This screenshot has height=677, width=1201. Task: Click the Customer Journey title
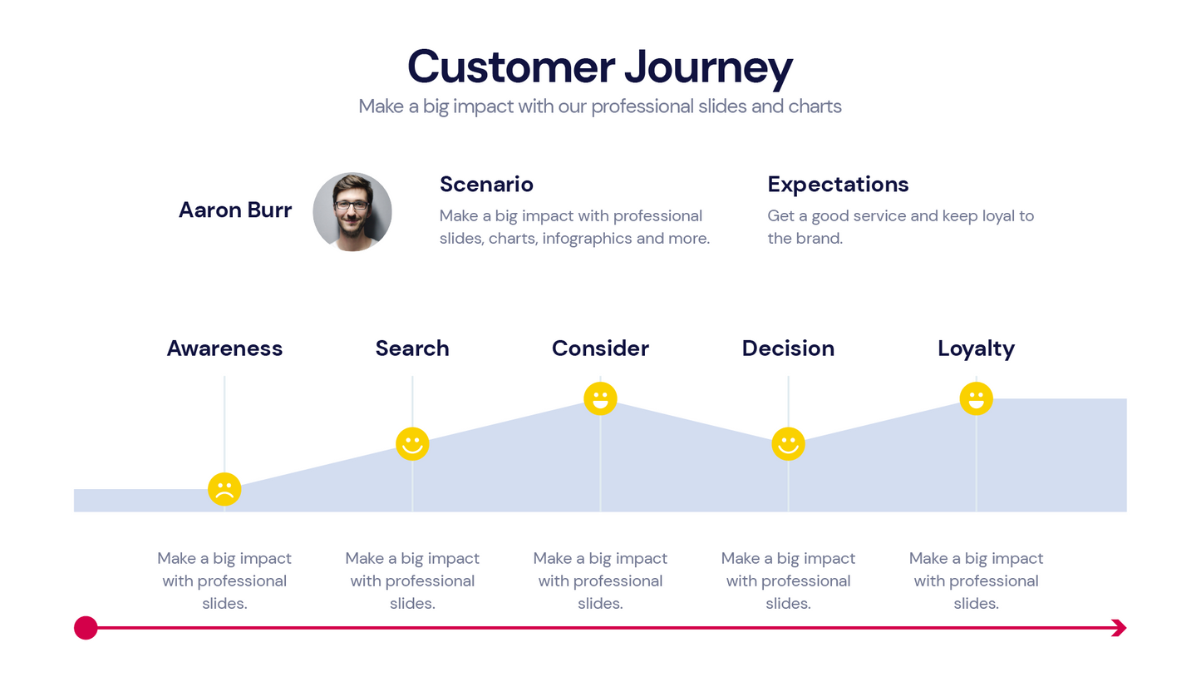599,67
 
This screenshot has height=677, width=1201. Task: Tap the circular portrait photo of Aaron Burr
352,211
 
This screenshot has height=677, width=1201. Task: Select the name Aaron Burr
235,210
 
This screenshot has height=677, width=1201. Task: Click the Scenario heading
486,184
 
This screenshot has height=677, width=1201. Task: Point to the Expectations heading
838,184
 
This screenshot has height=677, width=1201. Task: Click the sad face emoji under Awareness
224,489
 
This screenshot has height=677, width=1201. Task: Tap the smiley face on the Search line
412,444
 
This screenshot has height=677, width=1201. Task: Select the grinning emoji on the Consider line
600,398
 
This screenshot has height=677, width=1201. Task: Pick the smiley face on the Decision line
788,444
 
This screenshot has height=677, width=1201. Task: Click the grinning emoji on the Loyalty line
976,398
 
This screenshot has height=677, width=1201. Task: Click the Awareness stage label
224,348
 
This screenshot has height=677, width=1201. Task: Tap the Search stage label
412,348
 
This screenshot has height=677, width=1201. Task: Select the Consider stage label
600,348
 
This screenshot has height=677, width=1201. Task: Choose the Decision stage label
788,348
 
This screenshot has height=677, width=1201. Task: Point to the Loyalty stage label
976,348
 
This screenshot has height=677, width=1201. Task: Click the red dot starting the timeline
86,628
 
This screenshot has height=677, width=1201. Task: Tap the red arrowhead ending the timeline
1119,628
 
